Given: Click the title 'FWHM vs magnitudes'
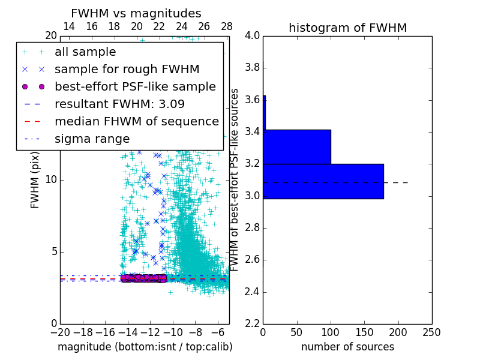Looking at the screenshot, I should click(x=136, y=14).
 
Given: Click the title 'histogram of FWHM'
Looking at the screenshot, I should click(x=347, y=28).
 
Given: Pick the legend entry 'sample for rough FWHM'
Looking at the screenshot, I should click(x=127, y=70).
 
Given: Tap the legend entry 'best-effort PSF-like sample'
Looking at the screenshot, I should click(x=135, y=87).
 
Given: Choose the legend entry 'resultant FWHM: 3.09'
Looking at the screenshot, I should click(x=121, y=104).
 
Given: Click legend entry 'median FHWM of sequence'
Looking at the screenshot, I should click(x=136, y=122).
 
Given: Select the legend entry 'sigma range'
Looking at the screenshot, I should click(x=92, y=139).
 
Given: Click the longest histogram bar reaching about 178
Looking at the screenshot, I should click(x=323, y=181).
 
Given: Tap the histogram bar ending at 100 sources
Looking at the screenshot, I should click(x=297, y=146).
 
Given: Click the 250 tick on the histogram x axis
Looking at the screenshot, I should click(x=431, y=332).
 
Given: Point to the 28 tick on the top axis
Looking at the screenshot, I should click(x=227, y=26).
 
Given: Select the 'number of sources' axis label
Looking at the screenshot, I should click(x=347, y=347).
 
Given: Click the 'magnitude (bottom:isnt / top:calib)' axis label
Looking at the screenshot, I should click(x=145, y=347).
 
